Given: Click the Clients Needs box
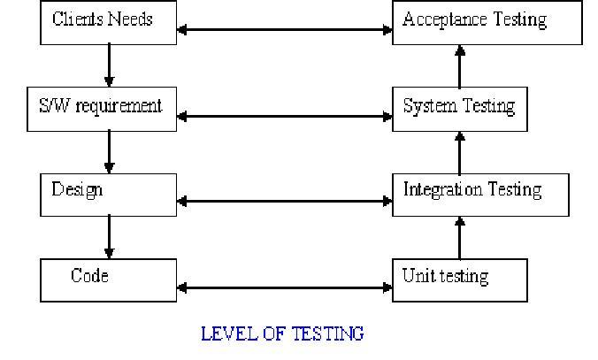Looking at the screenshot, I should pos(108,22).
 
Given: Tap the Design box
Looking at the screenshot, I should pos(108,195).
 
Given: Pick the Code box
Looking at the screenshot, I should pos(108,280).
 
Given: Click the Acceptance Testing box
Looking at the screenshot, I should pos(487,22).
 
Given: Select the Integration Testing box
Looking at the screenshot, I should pos(480,195).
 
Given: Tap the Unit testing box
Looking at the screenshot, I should pos(460,280).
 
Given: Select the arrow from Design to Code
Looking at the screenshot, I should pos(109,237).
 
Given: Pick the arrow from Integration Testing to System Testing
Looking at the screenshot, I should pos(460,152).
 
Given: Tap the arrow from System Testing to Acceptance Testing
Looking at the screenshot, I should pos(460,65).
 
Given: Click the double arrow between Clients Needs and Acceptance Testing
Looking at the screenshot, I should pos(284,31).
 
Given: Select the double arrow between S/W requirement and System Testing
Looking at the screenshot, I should pos(284,116).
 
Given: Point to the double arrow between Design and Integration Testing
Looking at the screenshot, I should pos(284,202).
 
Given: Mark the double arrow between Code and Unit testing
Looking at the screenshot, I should pos(284,287).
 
